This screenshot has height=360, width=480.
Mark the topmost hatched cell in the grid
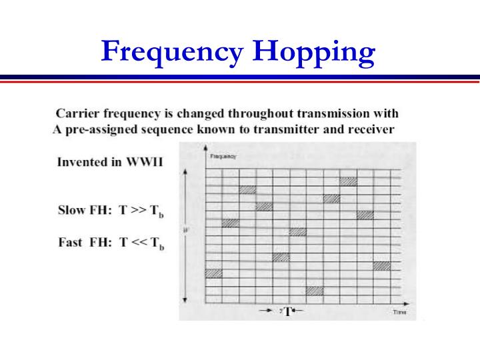(349, 181)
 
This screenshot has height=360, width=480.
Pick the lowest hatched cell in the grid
(315, 291)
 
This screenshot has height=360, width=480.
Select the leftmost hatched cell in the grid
(213, 273)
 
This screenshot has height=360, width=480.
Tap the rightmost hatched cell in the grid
(382, 265)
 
